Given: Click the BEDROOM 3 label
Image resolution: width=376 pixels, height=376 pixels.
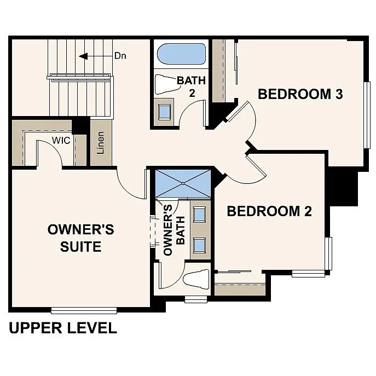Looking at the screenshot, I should coord(300,94).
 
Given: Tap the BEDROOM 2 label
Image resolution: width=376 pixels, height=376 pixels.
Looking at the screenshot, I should coord(269,211).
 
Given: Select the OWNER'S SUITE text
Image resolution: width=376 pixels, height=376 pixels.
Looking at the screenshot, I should coord(81,238).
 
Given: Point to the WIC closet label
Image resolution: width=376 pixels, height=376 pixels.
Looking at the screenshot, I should coord(61,140).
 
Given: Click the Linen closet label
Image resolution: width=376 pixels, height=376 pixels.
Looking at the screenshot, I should coord(101,142).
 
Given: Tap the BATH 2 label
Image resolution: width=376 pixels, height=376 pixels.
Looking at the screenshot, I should coord(191,86).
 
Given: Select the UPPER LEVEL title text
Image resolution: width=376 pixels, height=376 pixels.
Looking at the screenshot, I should coord(63,328).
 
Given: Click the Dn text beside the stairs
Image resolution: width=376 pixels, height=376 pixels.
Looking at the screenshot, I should coord(120,55).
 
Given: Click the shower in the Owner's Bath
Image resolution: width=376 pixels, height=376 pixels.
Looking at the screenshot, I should coord(183,182).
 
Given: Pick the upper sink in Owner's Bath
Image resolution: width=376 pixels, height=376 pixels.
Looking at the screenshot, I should coord(200,213).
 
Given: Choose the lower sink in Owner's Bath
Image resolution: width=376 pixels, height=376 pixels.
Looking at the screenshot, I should coord(200,244).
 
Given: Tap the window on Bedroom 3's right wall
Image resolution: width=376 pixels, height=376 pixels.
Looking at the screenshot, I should coord(367,114).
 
